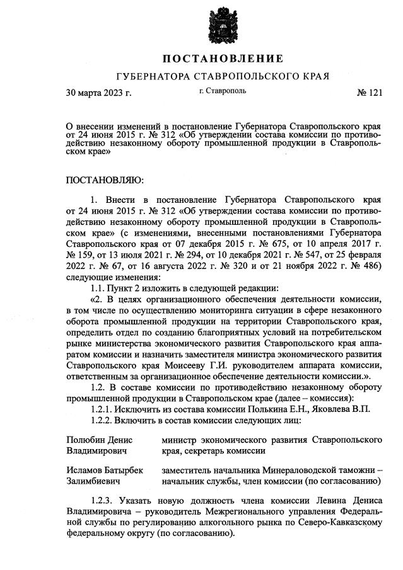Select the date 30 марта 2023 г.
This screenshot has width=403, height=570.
coord(99,93)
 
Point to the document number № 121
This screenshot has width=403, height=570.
coord(370,93)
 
